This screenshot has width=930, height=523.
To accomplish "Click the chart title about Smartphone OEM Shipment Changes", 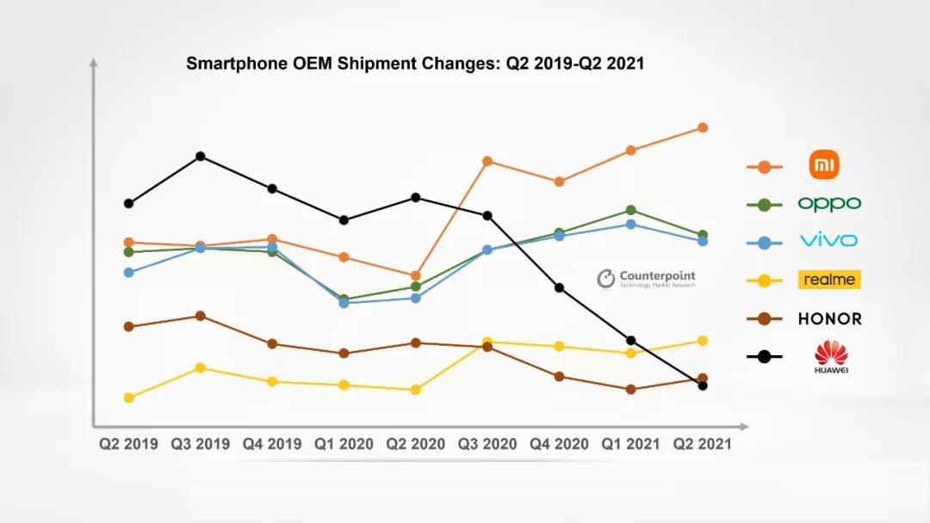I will (415, 64).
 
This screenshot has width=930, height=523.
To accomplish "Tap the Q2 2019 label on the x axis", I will (128, 444).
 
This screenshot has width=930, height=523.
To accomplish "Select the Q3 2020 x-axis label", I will (487, 444).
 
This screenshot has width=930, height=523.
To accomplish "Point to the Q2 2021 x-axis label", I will (702, 444).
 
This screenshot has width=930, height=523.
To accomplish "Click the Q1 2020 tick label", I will (344, 444).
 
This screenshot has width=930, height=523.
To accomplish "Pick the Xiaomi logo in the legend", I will (824, 165).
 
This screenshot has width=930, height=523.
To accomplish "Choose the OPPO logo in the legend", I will (829, 204).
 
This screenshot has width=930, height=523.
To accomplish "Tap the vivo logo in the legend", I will (828, 240).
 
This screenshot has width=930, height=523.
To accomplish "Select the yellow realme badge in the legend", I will (829, 280).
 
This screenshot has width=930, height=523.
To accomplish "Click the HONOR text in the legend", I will (829, 318).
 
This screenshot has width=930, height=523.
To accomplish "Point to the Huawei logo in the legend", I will (831, 356).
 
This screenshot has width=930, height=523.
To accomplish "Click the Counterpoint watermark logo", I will (647, 279).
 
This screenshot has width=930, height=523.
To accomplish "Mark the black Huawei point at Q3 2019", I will (200, 157).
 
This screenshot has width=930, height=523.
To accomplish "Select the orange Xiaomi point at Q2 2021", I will (703, 127).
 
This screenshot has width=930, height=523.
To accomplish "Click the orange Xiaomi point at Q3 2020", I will (487, 161).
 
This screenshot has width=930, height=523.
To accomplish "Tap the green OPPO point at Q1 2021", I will (631, 210).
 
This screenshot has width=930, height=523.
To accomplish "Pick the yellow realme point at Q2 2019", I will (128, 397).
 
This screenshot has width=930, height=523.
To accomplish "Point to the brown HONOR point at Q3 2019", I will (200, 316).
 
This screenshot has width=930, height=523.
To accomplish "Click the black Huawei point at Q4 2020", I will (559, 287).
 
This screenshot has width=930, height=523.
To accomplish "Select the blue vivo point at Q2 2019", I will (128, 273).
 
